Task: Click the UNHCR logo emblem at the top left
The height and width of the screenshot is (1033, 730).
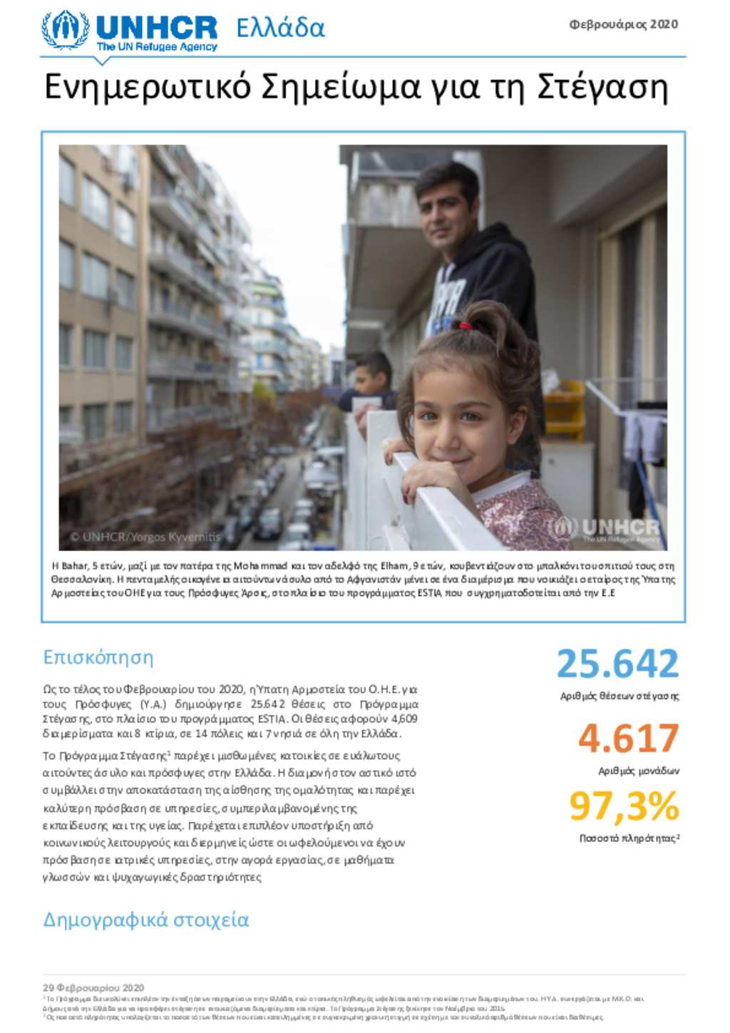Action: [66, 29]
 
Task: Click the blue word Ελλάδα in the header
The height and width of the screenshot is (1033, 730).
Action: [280, 29]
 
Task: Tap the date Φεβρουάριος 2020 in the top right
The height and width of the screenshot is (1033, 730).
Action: [623, 24]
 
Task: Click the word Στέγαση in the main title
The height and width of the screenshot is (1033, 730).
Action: [602, 87]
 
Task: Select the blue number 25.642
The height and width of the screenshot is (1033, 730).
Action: [617, 664]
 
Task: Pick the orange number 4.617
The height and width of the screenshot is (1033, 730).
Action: [628, 739]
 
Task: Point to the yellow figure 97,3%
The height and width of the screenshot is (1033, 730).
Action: [624, 806]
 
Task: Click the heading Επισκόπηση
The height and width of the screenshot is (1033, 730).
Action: [98, 657]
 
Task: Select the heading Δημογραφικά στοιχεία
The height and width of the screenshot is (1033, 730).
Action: [146, 919]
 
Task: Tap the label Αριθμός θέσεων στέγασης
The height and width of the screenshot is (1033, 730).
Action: [619, 696]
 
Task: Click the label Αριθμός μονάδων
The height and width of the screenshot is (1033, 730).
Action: [638, 771]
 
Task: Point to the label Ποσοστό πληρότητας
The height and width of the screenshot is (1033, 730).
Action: [628, 838]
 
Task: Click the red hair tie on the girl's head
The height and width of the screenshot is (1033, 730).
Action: [465, 327]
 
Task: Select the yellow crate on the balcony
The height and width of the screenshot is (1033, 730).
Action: [564, 410]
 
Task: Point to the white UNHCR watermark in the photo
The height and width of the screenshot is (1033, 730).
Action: [606, 529]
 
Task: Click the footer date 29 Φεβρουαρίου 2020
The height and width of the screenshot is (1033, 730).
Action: [93, 987]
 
